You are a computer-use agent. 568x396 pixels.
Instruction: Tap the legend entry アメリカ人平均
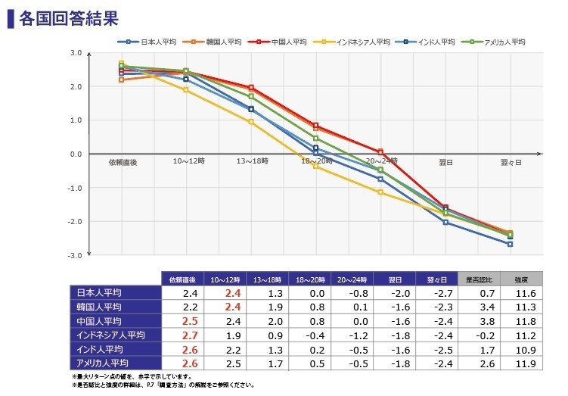click(x=502, y=42)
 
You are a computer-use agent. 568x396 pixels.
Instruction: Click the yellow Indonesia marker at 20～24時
click(x=380, y=192)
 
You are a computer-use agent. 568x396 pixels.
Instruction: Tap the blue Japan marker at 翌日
click(x=445, y=222)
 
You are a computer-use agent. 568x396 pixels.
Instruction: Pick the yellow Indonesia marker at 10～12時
click(x=186, y=89)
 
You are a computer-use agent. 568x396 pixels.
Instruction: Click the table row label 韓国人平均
click(x=100, y=307)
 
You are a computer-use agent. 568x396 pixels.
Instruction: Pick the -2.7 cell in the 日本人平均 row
click(x=436, y=292)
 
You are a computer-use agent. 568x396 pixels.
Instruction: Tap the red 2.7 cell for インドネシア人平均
click(x=191, y=335)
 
